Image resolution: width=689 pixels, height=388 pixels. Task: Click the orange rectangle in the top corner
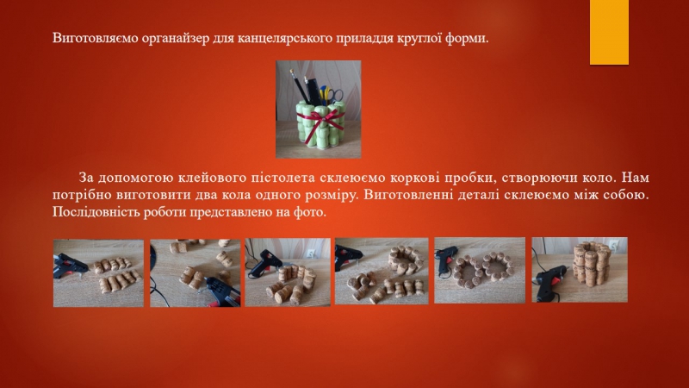pos(609,32)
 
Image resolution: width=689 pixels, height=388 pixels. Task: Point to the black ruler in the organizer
pos(314,91)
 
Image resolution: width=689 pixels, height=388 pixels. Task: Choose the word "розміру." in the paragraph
pos(330,196)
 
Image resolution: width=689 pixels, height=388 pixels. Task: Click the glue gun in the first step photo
pos(71,266)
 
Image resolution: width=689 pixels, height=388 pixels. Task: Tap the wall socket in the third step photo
pos(312,253)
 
